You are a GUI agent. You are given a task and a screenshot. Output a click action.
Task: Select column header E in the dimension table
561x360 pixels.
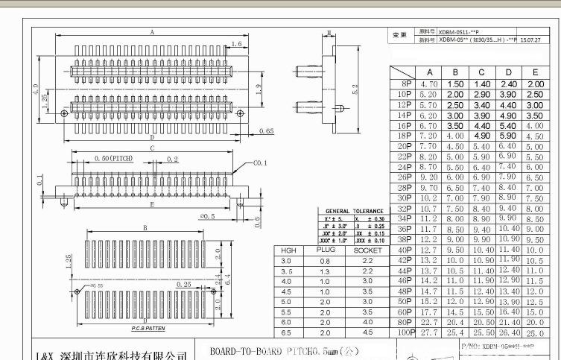pyautogui.click(x=534, y=73)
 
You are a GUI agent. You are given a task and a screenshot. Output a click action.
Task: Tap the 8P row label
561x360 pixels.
pyautogui.click(x=406, y=84)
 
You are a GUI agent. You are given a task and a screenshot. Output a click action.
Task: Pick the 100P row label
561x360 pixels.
pyautogui.click(x=403, y=332)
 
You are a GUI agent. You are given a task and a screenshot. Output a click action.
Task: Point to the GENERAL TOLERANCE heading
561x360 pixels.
pyautogui.click(x=353, y=212)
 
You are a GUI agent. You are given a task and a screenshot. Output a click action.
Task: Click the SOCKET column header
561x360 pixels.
pyautogui.click(x=367, y=250)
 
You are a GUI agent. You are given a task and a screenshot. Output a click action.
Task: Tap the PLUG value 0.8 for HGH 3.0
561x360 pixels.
pyautogui.click(x=325, y=261)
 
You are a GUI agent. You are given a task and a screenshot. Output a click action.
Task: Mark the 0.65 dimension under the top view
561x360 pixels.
pyautogui.click(x=265, y=132)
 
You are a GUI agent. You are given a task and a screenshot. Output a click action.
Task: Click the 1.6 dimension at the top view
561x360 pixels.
pyautogui.click(x=236, y=45)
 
